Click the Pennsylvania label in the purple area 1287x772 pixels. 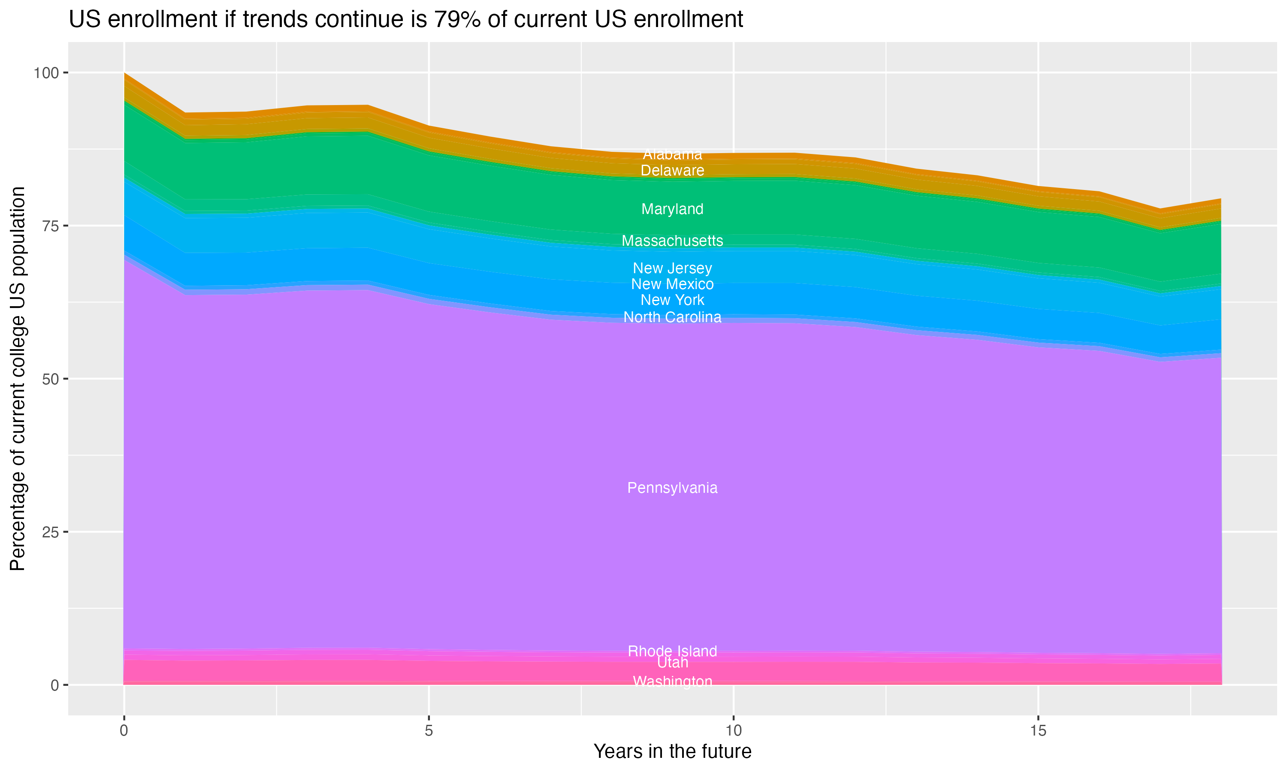pos(672,488)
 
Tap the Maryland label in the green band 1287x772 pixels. pos(672,209)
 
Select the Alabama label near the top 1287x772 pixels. pos(672,154)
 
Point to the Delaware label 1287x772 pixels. pos(672,171)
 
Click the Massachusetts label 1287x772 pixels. pos(672,241)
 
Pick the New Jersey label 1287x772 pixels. pos(672,268)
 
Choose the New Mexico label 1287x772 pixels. pos(672,284)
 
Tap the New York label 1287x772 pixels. pos(672,300)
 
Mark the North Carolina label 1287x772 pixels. pos(672,317)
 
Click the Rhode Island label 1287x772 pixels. pos(672,651)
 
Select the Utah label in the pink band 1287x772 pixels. pos(672,662)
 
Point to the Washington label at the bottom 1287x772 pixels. pos(672,681)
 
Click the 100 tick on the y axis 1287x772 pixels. pos(45,73)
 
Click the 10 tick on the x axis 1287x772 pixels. pos(733,731)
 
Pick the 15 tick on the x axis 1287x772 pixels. pos(1038,731)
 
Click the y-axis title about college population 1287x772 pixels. pos(18,379)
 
